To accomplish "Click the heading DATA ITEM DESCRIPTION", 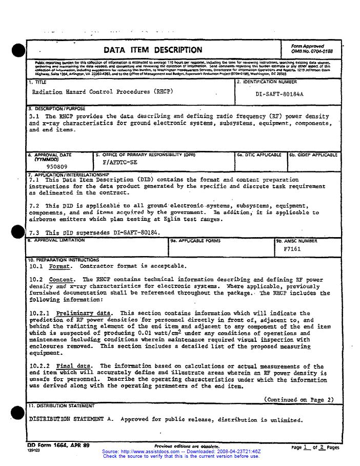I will click(x=153, y=50).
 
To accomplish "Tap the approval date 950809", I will click(x=56, y=167).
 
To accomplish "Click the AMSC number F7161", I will click(x=292, y=249).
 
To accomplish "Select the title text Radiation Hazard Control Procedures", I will click(x=102, y=92).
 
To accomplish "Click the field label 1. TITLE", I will click(x=37, y=82).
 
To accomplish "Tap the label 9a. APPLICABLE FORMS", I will click(x=191, y=240).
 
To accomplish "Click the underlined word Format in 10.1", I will click(x=61, y=266).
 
